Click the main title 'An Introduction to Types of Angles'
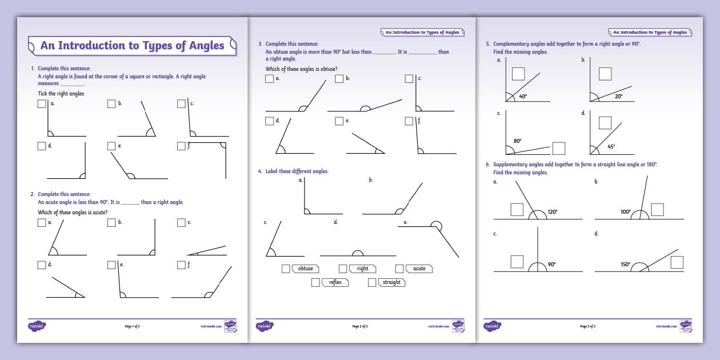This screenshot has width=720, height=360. (132, 46)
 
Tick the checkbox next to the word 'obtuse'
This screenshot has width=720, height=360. (286, 269)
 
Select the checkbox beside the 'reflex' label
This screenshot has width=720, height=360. (315, 282)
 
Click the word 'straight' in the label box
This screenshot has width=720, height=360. (391, 282)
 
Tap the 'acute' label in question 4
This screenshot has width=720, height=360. (419, 269)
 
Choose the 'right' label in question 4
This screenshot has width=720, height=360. (363, 269)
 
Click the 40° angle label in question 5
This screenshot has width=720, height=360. (523, 97)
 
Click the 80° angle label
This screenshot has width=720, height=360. (518, 141)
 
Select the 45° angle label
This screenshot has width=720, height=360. (611, 147)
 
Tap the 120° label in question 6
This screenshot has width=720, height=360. (553, 211)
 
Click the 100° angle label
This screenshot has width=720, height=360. (626, 212)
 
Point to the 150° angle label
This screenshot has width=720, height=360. (626, 265)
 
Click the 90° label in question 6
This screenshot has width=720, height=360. (552, 265)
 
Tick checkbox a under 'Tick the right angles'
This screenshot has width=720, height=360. (42, 104)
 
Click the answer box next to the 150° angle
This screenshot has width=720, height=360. (677, 262)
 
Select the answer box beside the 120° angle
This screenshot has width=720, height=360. (517, 209)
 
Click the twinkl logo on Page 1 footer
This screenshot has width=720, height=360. (37, 326)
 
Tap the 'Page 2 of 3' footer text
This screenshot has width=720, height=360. (359, 326)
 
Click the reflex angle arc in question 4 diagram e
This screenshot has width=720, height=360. (436, 224)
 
